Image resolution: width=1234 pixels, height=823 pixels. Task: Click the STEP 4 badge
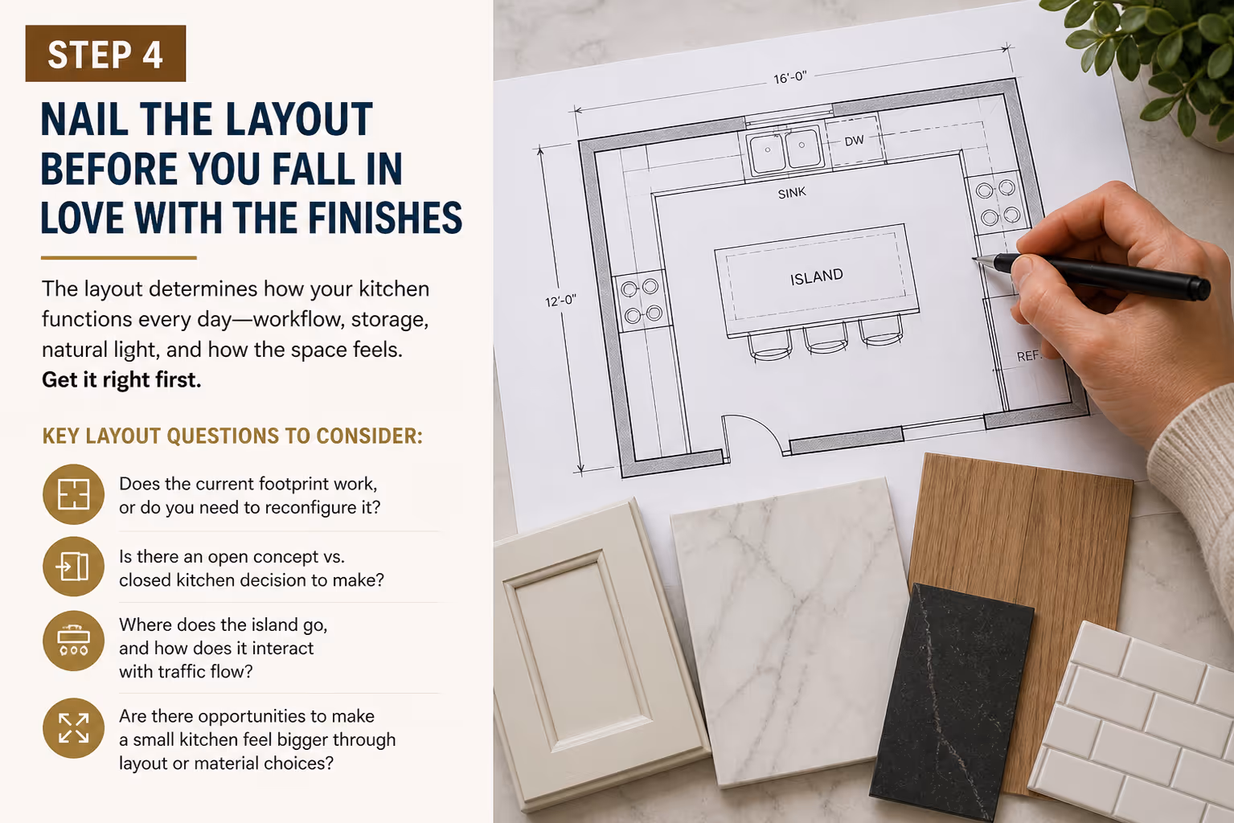105,53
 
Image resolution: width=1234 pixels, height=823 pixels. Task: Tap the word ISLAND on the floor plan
817,277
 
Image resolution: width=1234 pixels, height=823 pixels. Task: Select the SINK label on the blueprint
792,193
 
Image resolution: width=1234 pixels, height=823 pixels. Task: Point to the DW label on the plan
854,141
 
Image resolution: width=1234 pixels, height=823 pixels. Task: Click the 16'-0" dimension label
790,78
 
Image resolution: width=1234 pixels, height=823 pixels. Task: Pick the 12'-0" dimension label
560,301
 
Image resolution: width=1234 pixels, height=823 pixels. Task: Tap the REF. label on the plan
1028,356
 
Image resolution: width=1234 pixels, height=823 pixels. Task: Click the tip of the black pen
974,258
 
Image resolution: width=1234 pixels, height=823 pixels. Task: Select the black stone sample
951,702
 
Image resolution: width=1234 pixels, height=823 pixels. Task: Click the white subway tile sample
1135,727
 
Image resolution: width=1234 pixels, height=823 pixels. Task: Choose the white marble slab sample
793,633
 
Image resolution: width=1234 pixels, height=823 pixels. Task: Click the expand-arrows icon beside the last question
73,728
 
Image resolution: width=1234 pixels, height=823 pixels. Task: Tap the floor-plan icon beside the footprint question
73,494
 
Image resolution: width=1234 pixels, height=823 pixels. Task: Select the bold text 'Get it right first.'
121,380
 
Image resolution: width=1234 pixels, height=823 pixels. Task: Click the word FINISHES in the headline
384,218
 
